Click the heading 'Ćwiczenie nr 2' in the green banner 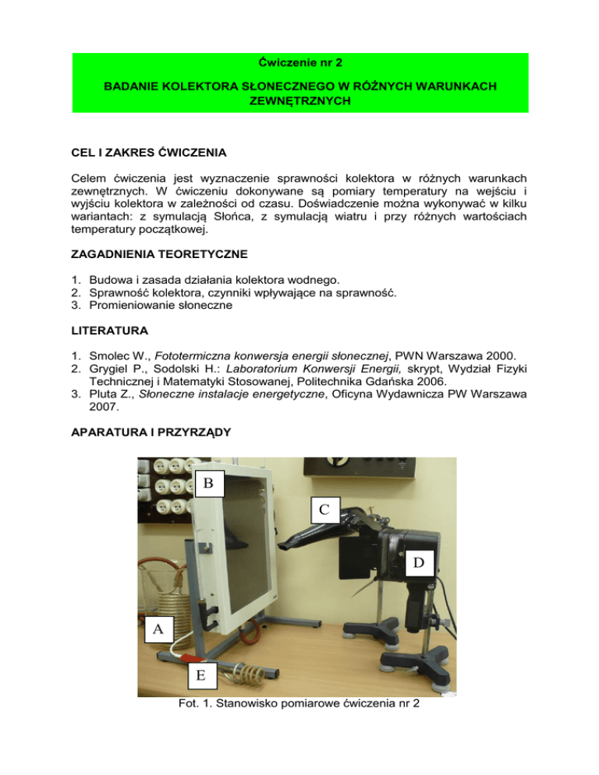point(299,63)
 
